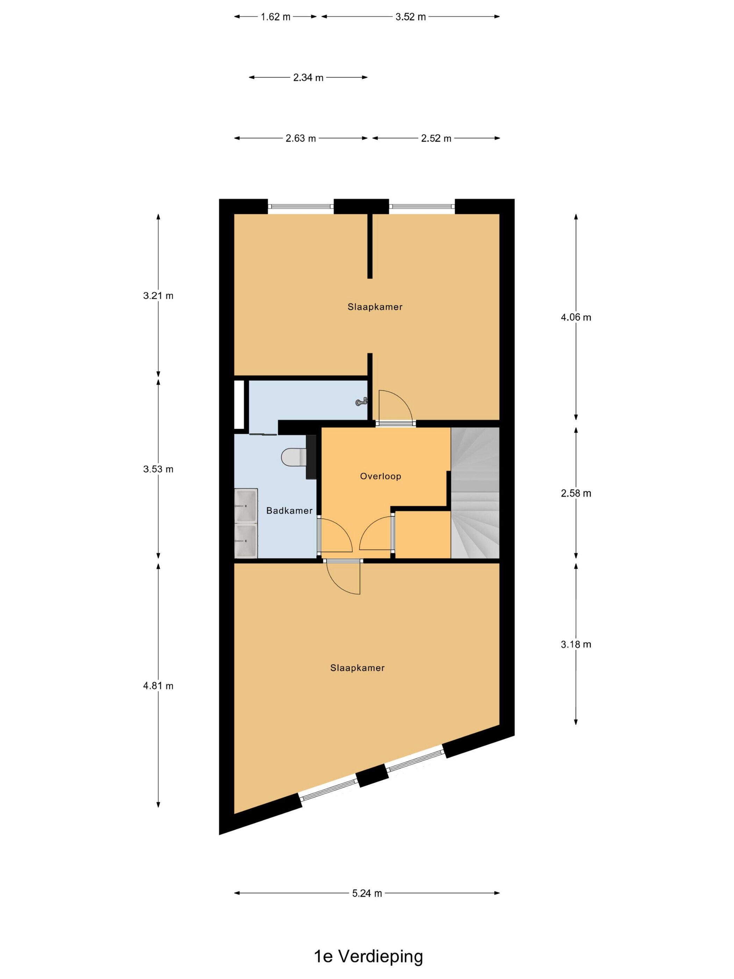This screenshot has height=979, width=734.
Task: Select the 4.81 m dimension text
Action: click(158, 686)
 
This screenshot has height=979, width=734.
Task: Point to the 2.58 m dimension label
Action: click(576, 493)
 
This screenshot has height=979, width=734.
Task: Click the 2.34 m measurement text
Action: click(308, 78)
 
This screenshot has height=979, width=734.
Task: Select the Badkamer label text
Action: click(289, 510)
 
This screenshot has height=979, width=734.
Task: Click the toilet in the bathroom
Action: click(293, 457)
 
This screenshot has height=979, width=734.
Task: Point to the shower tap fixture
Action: click(362, 401)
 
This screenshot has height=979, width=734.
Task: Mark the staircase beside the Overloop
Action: click(475, 493)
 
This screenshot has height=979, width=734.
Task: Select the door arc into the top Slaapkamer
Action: click(396, 405)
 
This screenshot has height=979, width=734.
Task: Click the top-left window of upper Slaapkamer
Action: click(300, 206)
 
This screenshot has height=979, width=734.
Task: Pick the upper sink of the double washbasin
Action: click(246, 506)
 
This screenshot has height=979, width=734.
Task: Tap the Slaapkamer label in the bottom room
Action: click(358, 668)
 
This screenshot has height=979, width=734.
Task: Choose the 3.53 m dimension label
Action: click(158, 469)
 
